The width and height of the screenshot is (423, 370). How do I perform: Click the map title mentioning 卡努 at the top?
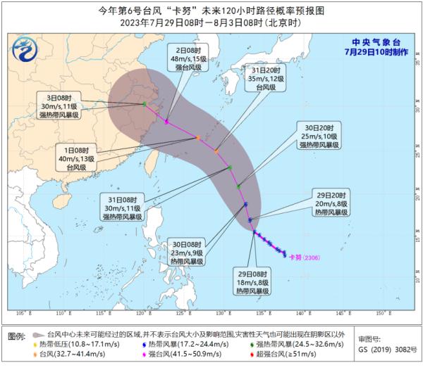211,9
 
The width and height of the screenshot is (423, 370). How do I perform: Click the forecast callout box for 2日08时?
188,60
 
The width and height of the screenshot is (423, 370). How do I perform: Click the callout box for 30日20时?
319,136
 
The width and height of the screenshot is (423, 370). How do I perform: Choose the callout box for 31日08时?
122,207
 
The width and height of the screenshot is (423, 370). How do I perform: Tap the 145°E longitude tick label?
341,313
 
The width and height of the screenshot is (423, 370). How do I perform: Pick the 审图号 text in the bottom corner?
370,338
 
